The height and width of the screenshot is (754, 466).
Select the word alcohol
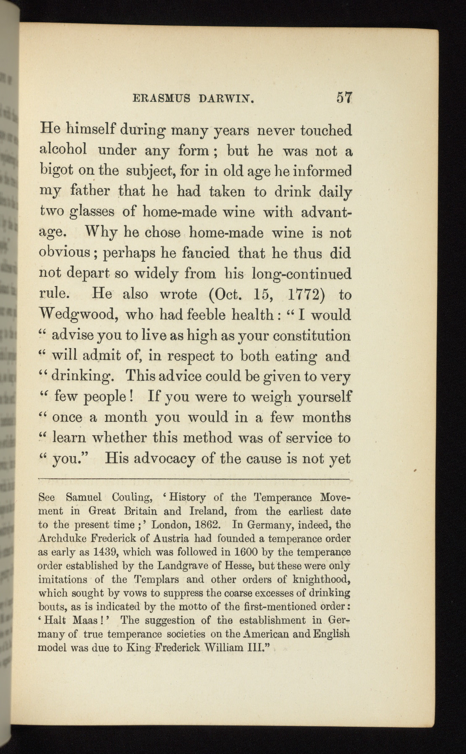(x=63, y=150)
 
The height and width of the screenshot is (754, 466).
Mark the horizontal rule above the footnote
(x=194, y=478)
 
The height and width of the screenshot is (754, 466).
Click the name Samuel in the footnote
(x=84, y=498)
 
